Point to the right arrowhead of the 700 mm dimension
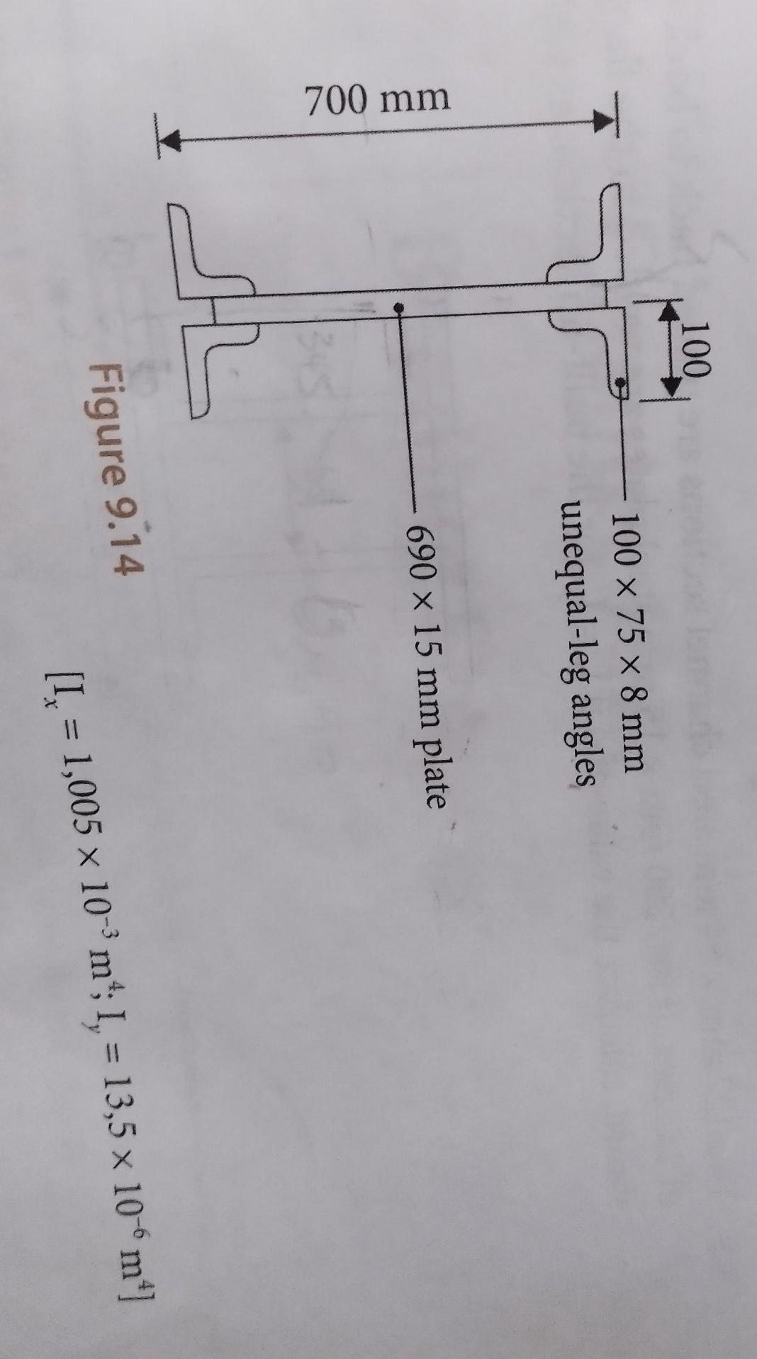pos(602,121)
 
